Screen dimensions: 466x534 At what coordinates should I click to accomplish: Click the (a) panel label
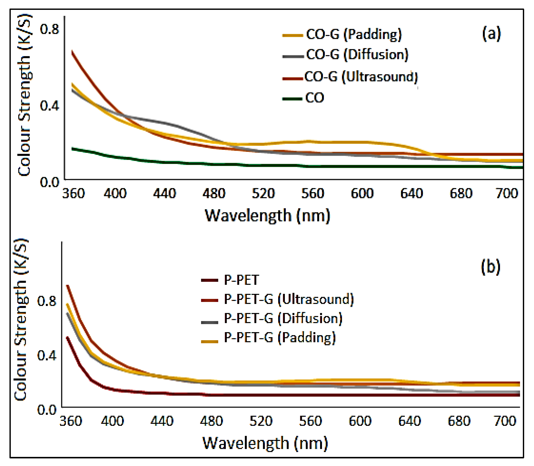point(491,34)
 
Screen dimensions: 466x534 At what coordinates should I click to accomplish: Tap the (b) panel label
point(490,267)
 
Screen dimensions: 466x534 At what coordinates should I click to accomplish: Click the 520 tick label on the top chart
point(263,194)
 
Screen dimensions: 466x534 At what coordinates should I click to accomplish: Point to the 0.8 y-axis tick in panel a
point(49,29)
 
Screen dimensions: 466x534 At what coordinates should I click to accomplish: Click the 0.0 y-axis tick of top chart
point(49,182)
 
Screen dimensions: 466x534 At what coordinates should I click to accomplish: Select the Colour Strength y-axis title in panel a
point(25,95)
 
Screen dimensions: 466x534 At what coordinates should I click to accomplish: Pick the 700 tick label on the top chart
point(507,194)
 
